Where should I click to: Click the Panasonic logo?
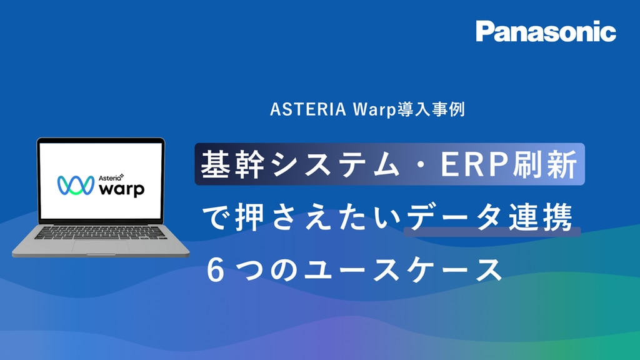[546, 31]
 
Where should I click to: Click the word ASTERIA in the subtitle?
[308, 109]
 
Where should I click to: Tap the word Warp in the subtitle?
[374, 110]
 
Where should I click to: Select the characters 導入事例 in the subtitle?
[431, 109]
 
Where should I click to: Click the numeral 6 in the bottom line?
[216, 270]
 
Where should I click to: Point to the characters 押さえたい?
[318, 217]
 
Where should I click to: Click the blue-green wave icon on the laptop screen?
[76, 185]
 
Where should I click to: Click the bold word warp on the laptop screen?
[122, 189]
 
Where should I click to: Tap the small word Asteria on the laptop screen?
[110, 177]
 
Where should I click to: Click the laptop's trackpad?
[101, 246]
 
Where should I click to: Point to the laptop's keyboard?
[101, 232]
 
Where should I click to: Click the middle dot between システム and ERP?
[421, 164]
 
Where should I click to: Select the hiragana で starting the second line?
[216, 217]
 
